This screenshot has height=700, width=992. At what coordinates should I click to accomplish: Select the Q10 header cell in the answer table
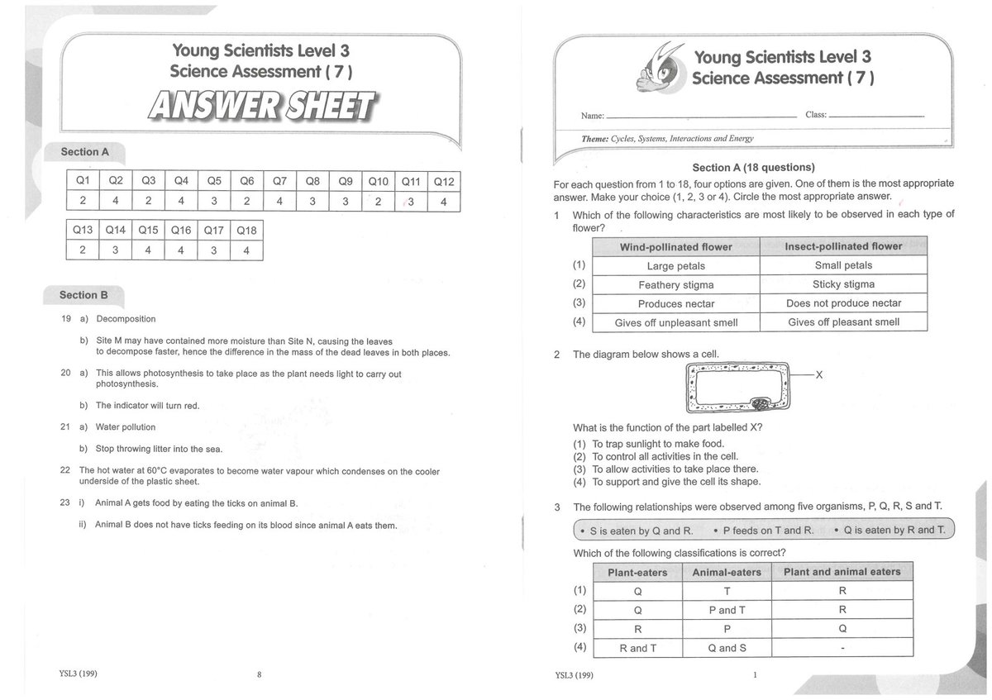[x=378, y=181]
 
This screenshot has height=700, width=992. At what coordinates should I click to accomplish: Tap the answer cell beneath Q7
[x=279, y=201]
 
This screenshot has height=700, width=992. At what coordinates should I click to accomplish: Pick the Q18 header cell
[x=246, y=231]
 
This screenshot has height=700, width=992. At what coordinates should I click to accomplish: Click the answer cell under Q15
[x=148, y=250]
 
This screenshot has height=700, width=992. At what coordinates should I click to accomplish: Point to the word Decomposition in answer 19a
[x=126, y=319]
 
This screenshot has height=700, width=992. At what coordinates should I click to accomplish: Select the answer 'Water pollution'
[x=126, y=427]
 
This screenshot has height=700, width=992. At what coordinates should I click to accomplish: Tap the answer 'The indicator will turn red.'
[x=148, y=406]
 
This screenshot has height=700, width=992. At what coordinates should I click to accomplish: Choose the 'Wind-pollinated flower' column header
[x=675, y=247]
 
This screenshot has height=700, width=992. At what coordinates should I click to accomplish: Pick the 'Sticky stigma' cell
[x=842, y=284]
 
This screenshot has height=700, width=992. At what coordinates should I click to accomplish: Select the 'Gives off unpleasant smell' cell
[x=675, y=322]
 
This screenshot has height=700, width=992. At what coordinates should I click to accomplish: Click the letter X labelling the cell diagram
[x=819, y=375]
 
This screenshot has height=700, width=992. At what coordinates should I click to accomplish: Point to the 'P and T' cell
[x=727, y=610]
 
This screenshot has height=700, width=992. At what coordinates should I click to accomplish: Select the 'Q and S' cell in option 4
[x=727, y=648]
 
